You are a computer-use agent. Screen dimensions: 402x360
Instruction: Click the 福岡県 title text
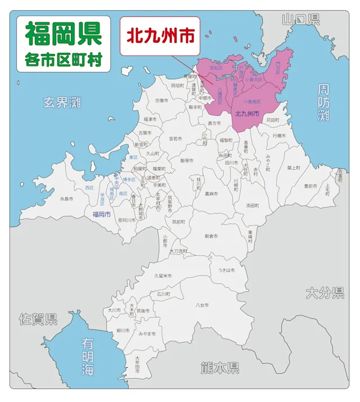(x=64, y=34)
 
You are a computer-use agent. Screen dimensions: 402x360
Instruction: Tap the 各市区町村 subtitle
(x=64, y=60)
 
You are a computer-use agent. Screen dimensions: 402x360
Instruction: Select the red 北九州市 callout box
(x=160, y=36)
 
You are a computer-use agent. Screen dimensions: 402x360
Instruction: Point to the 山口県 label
(x=301, y=20)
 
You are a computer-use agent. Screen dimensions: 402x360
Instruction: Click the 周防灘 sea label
(x=323, y=102)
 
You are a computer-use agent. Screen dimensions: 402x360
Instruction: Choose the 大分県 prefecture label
(x=325, y=293)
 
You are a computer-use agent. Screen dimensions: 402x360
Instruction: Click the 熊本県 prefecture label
(x=219, y=368)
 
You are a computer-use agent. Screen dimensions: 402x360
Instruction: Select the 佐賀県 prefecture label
(x=37, y=320)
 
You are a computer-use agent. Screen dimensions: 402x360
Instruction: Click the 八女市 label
(x=202, y=305)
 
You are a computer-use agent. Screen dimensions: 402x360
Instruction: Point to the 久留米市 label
(x=164, y=275)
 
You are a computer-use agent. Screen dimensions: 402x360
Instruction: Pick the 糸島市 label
(x=67, y=198)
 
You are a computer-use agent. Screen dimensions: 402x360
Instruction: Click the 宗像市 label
(x=162, y=101)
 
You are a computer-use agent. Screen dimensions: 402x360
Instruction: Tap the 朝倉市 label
(x=211, y=236)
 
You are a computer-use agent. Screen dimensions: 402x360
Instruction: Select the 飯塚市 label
(x=187, y=160)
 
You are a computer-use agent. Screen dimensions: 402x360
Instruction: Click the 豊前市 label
(x=310, y=186)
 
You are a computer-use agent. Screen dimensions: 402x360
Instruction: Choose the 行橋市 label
(x=280, y=135)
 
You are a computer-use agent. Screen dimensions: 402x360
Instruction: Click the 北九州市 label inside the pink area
(x=247, y=113)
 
